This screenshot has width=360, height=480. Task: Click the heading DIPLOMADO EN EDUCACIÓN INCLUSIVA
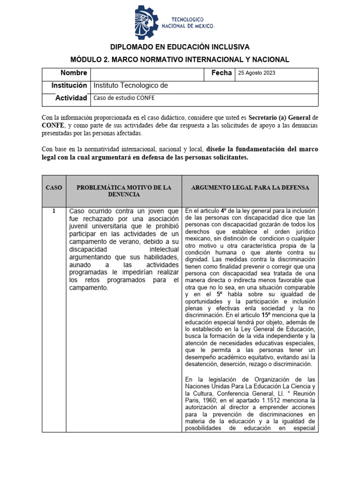[180, 47]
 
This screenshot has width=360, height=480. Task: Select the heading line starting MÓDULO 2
[180, 60]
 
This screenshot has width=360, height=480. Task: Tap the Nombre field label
[74, 73]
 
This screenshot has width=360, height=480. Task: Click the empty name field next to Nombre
[148, 74]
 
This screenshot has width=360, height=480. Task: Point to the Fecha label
[221, 73]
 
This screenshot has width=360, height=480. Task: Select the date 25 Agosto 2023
[257, 73]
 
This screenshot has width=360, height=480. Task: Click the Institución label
[70, 86]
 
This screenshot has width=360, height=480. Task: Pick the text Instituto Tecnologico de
[131, 86]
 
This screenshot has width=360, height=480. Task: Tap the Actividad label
[71, 98]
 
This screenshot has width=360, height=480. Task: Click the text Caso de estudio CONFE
[124, 98]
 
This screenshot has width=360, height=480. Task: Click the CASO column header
[54, 187]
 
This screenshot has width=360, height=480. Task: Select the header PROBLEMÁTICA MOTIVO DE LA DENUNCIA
[124, 191]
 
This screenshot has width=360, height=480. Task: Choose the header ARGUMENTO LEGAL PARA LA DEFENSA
[250, 187]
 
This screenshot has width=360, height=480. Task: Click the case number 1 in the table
[54, 211]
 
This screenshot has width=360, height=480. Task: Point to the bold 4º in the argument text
[224, 210]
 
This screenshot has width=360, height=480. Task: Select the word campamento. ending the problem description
[88, 288]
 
